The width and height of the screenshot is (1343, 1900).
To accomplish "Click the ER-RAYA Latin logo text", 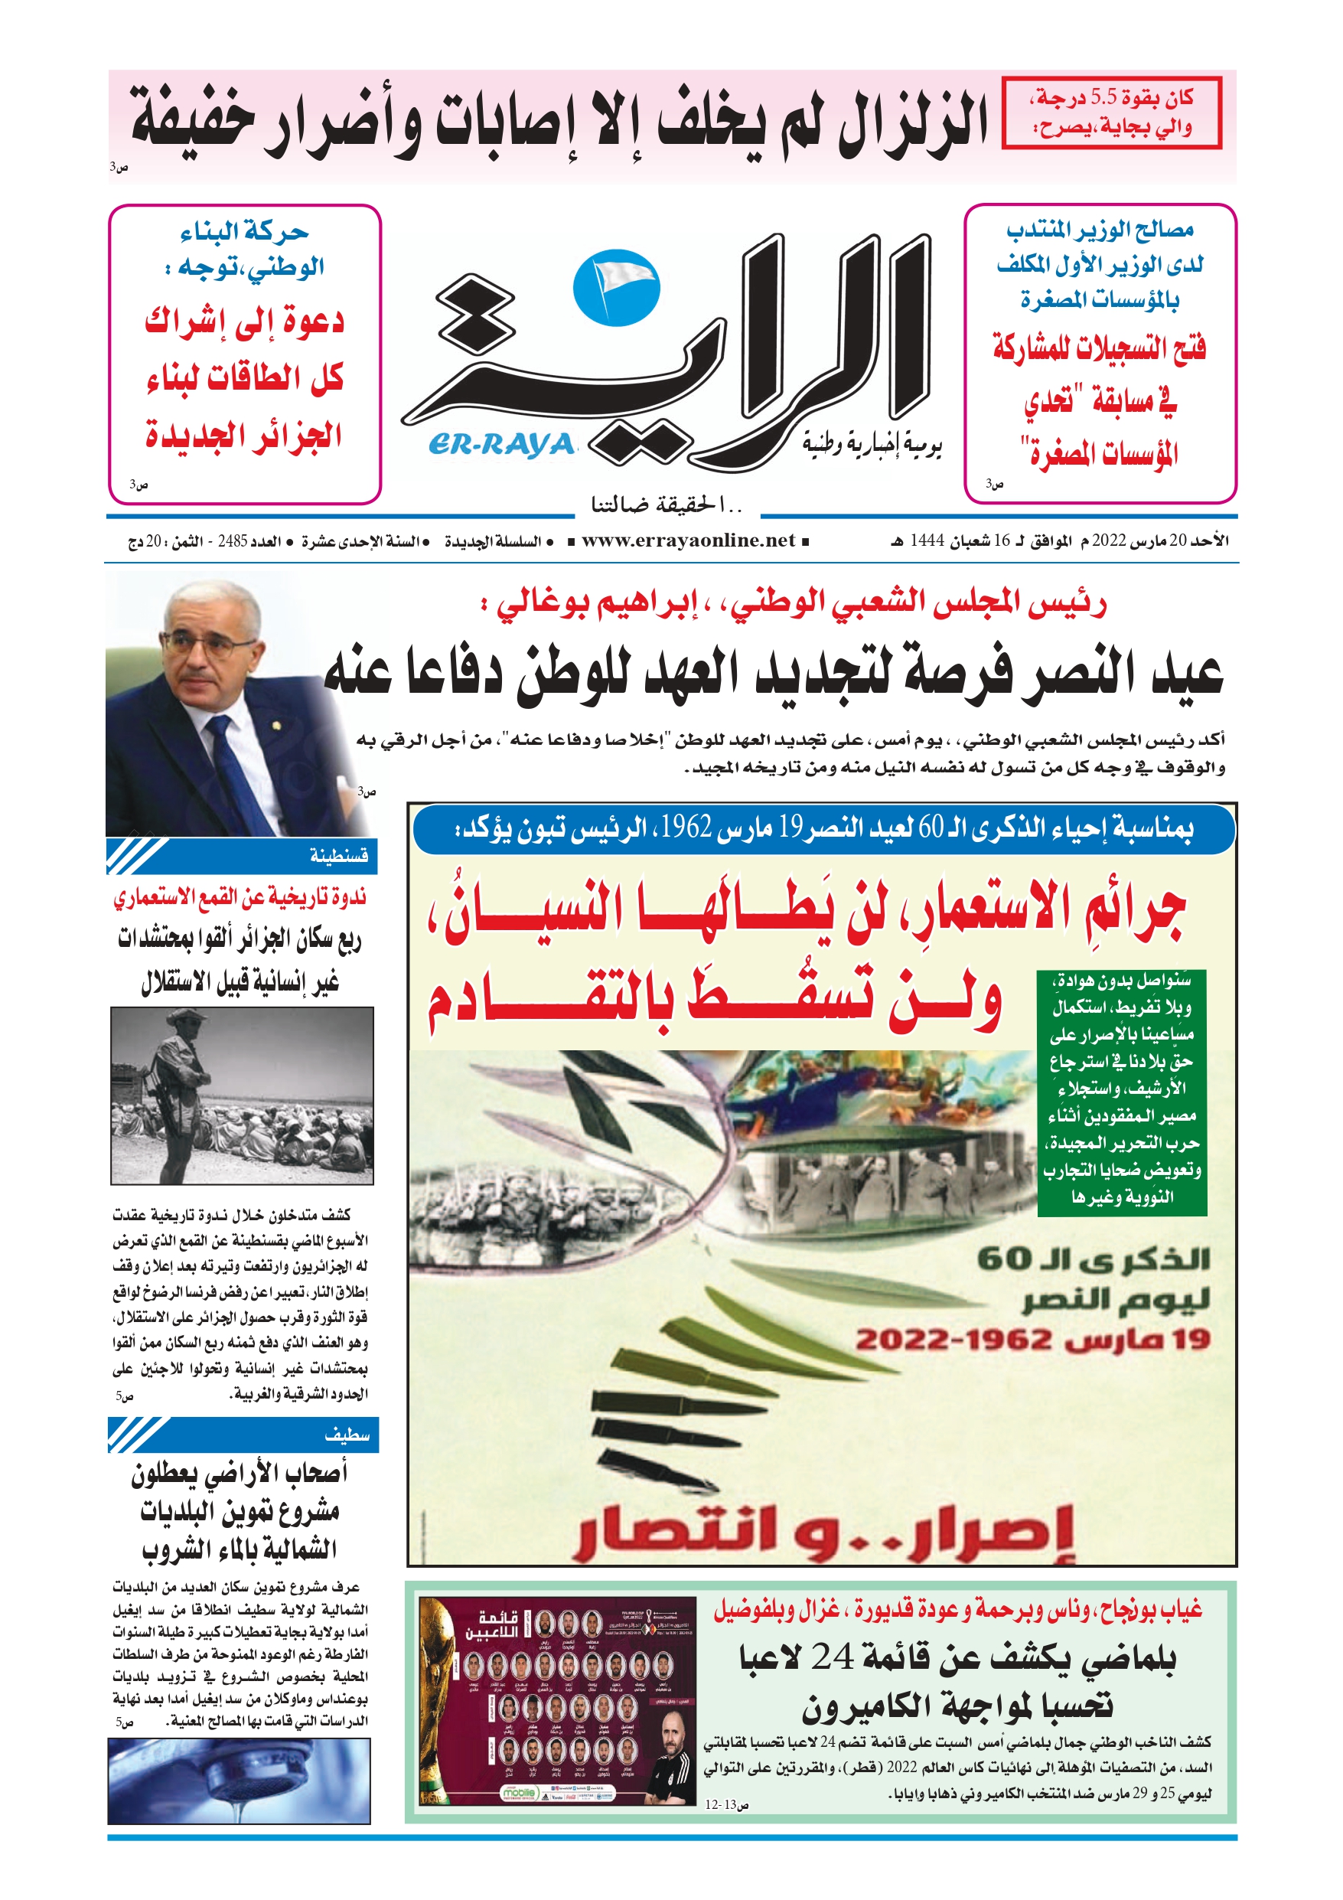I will click(501, 446).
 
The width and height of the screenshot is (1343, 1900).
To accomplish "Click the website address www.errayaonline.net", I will click(688, 540).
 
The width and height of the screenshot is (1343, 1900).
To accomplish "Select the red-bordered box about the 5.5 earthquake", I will click(1110, 113).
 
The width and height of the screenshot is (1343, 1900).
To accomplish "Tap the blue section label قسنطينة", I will click(338, 856).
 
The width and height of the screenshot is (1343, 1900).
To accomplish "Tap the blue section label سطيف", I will click(347, 1434).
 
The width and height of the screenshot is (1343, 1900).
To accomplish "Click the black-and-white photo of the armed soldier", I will click(242, 1095).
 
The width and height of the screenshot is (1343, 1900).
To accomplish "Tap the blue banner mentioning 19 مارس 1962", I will click(823, 828).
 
